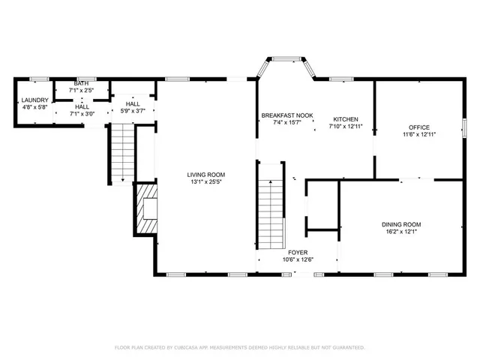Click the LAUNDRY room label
pyautogui.click(x=34, y=100)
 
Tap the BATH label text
pyautogui.click(x=81, y=83)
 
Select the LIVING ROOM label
pyautogui.click(x=205, y=174)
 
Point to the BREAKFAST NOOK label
pyautogui.click(x=286, y=115)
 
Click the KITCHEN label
pyautogui.click(x=346, y=119)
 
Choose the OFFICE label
pyautogui.click(x=419, y=127)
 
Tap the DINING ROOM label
pyautogui.click(x=401, y=224)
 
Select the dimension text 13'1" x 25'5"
pyautogui.click(x=205, y=181)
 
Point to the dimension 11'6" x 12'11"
pyautogui.click(x=419, y=134)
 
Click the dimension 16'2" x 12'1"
pyautogui.click(x=401, y=232)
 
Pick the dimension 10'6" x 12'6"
pyautogui.click(x=297, y=260)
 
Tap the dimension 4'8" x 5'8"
pyautogui.click(x=34, y=107)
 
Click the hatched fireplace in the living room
pyautogui.click(x=148, y=212)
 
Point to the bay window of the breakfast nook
pyautogui.click(x=285, y=63)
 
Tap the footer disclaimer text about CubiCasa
pyautogui.click(x=239, y=347)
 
